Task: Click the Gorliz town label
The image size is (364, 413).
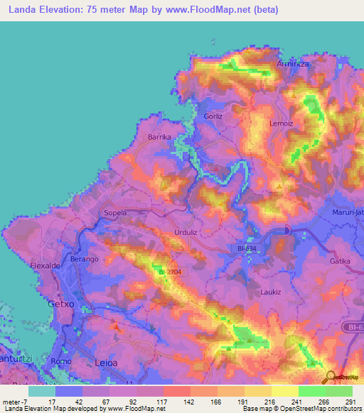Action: pyautogui.click(x=213, y=116)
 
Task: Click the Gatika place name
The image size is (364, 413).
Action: pyautogui.click(x=340, y=261)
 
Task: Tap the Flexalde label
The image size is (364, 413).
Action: pyautogui.click(x=45, y=265)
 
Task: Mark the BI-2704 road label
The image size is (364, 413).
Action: pyautogui.click(x=170, y=272)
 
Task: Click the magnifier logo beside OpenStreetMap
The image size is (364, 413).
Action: pyautogui.click(x=330, y=377)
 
